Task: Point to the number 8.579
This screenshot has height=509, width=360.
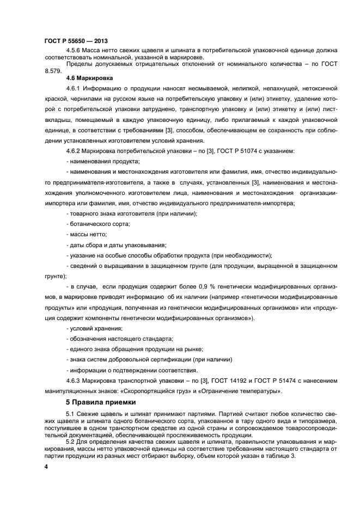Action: pos(52,71)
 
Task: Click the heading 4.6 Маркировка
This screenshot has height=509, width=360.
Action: pos(89,78)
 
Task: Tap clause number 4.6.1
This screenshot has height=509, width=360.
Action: pos(74,88)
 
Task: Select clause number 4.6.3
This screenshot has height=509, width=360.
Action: pos(74,381)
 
